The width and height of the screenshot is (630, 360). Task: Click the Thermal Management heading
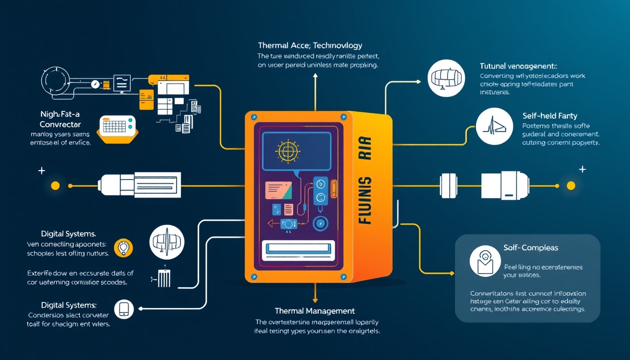(315, 311)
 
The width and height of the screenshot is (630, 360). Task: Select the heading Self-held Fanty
(549, 115)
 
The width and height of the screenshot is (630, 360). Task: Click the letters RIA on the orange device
(366, 148)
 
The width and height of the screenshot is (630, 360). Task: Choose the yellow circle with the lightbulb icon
(124, 247)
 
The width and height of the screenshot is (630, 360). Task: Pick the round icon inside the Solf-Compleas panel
(485, 261)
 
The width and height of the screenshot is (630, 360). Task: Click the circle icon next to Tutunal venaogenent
(446, 78)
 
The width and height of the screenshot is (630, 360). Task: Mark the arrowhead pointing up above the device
(315, 75)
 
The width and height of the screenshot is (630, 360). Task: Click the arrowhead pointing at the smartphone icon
(141, 308)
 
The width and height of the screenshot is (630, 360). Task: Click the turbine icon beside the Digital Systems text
(166, 242)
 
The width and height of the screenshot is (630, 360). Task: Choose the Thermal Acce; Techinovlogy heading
(310, 45)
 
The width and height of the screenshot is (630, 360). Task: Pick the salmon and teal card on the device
(278, 190)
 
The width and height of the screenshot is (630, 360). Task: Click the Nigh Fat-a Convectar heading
(60, 119)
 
